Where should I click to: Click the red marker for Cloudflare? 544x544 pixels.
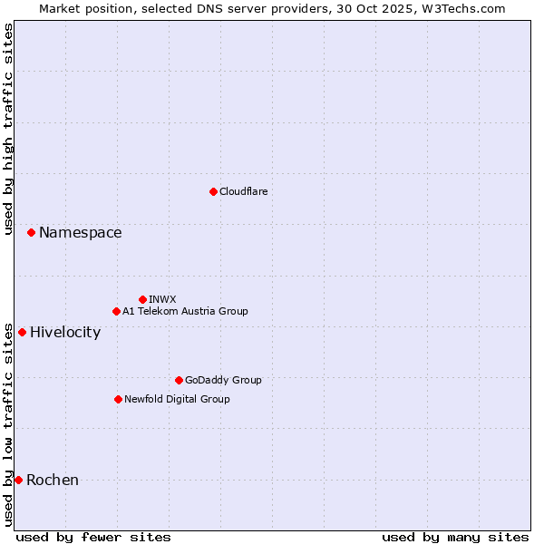(x=213, y=191)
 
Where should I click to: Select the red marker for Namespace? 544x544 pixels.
(x=31, y=233)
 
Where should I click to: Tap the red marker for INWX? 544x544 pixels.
(x=142, y=299)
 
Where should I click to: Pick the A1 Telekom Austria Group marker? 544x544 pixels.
(x=116, y=311)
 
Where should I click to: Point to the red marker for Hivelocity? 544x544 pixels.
(x=22, y=332)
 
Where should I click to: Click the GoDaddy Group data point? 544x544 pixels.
(x=179, y=380)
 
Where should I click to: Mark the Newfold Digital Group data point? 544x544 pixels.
(x=118, y=399)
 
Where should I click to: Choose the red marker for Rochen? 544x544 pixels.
(x=18, y=480)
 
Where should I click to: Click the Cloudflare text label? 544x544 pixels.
(x=243, y=191)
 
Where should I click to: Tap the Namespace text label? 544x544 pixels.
(x=80, y=233)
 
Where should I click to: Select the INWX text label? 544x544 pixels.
(x=162, y=299)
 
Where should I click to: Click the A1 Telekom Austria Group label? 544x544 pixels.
(x=185, y=311)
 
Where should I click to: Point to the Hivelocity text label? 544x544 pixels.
(x=65, y=333)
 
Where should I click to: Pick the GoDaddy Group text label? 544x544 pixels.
(x=223, y=380)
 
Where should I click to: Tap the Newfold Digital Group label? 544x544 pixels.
(x=177, y=399)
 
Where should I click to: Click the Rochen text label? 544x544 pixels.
(x=53, y=481)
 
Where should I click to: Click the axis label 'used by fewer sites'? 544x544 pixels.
(x=93, y=537)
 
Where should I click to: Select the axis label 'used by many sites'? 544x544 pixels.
(x=455, y=537)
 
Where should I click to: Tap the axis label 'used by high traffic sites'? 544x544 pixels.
(x=9, y=129)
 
